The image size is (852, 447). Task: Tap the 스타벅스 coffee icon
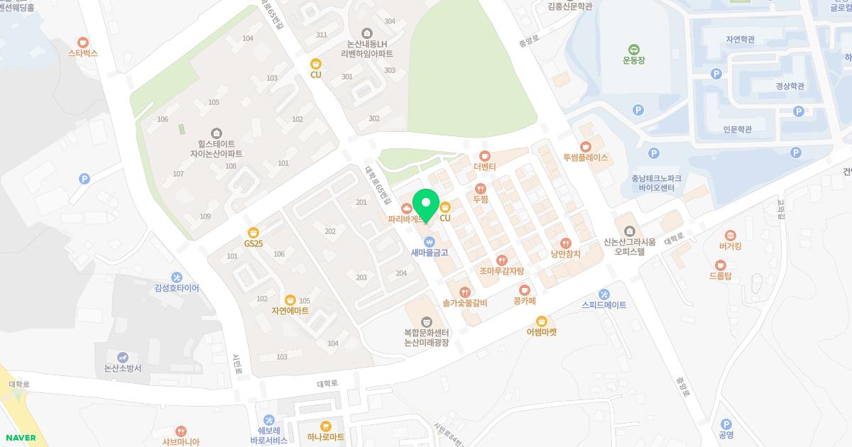click(83, 42)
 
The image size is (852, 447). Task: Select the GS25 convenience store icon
click(253, 232)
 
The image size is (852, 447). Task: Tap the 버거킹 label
click(730, 247)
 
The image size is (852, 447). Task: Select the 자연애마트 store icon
click(290, 299)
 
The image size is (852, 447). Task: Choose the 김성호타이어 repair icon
click(177, 277)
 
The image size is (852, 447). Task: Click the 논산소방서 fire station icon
click(123, 357)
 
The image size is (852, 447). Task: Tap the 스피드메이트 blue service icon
click(603, 294)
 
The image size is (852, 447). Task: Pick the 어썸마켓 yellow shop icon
click(542, 320)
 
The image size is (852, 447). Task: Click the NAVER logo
click(19, 438)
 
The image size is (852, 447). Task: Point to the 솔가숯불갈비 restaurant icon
click(464, 292)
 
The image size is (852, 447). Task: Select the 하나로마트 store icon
click(325, 426)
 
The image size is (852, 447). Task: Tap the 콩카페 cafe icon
click(524, 289)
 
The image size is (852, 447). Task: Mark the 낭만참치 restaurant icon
click(565, 243)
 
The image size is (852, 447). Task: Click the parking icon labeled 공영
click(726, 424)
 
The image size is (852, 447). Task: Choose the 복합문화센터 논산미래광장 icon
click(426, 322)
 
